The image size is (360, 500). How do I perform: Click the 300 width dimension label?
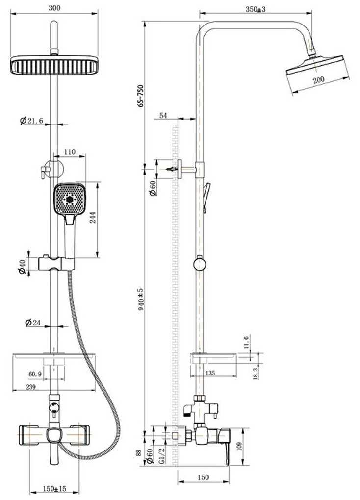[54, 8]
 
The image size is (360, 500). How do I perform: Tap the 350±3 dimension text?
[256, 9]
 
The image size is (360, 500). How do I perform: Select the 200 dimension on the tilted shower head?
[318, 80]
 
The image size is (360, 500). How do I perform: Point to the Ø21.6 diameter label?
[31, 121]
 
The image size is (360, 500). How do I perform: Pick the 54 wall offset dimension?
[163, 115]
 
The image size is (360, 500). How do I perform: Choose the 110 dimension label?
[70, 152]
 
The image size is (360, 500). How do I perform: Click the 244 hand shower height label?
[93, 218]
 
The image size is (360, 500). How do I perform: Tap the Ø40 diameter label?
[22, 267]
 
